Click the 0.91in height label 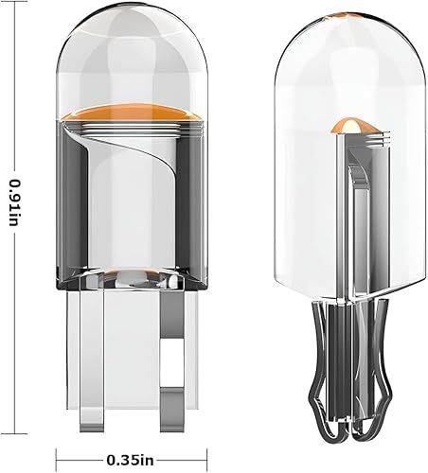[14, 204]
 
